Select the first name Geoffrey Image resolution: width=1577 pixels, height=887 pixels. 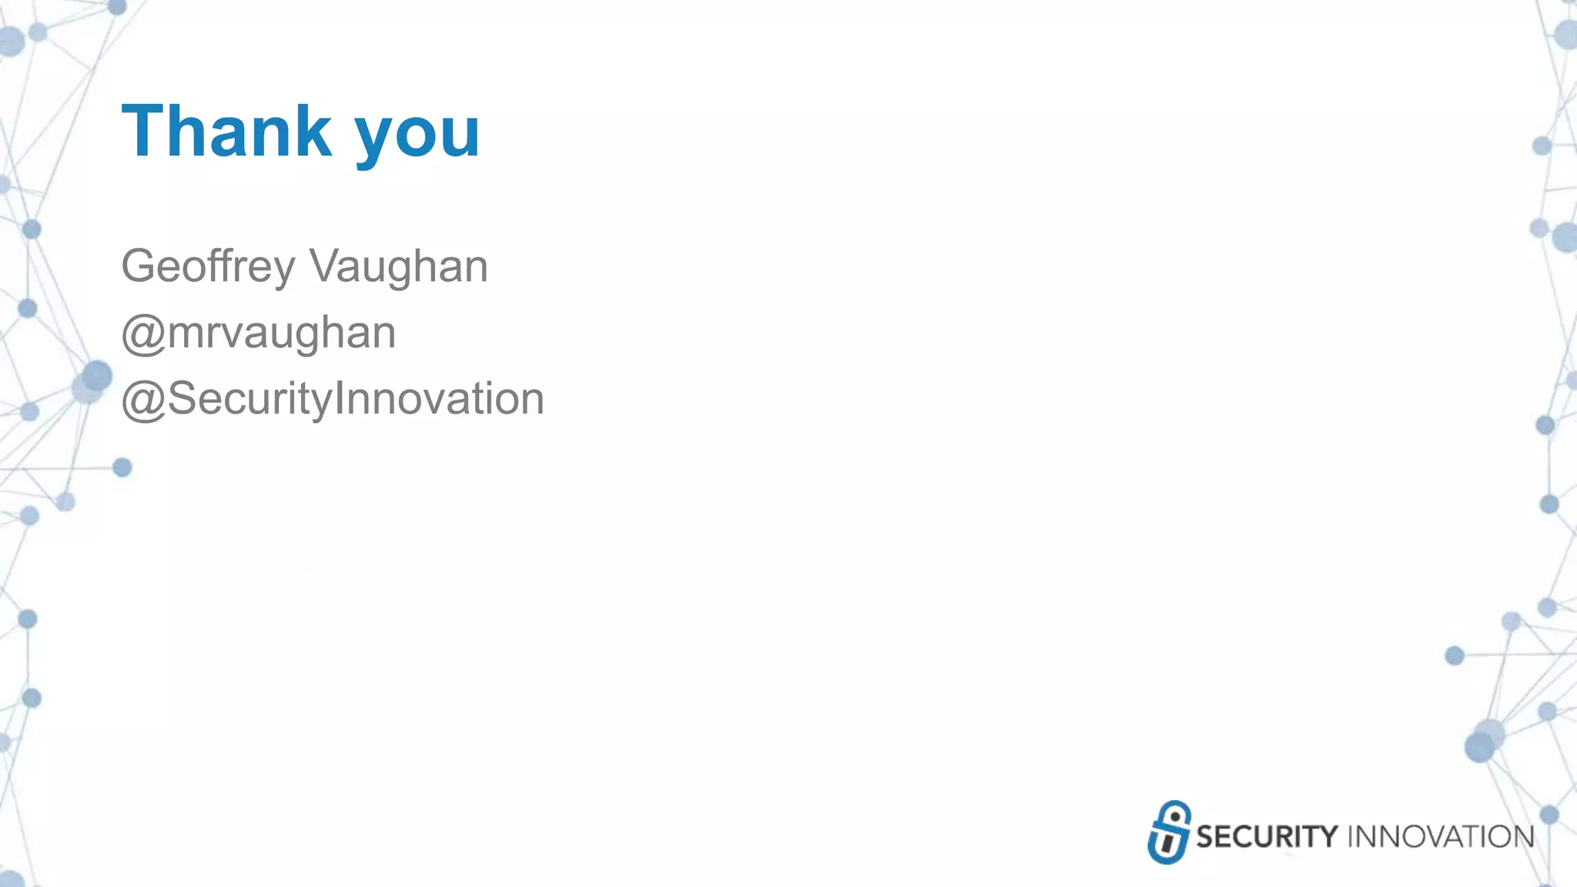click(x=208, y=266)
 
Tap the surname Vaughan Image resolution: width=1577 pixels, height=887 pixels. click(x=398, y=266)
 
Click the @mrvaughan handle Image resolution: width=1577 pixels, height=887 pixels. click(x=259, y=333)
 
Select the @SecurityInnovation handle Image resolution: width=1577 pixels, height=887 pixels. click(x=333, y=399)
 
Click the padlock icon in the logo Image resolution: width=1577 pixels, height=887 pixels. click(x=1169, y=832)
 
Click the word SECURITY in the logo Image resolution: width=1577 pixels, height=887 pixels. click(x=1267, y=837)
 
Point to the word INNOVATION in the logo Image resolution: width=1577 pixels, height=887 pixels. click(x=1440, y=837)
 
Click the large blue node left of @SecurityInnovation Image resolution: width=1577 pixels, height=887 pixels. click(x=96, y=377)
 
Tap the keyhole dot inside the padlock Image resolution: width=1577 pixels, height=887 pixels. click(x=1174, y=817)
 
